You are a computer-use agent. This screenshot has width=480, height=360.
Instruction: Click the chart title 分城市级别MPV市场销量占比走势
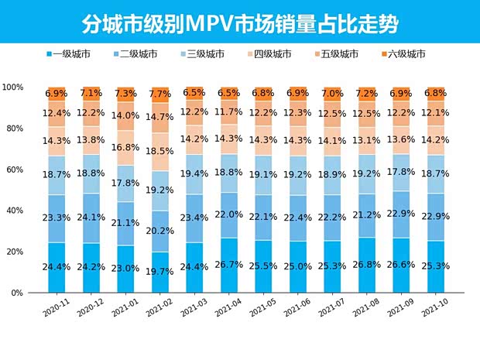[240, 24]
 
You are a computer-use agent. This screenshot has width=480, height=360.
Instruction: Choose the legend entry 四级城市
[267, 54]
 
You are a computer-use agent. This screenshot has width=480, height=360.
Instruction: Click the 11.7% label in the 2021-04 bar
[228, 112]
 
